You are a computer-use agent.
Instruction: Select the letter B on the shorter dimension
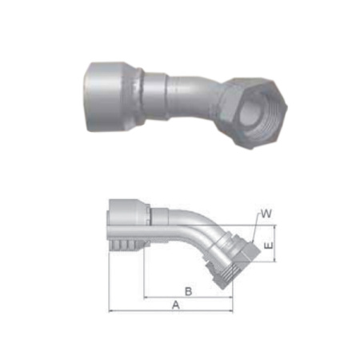tap(187, 289)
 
